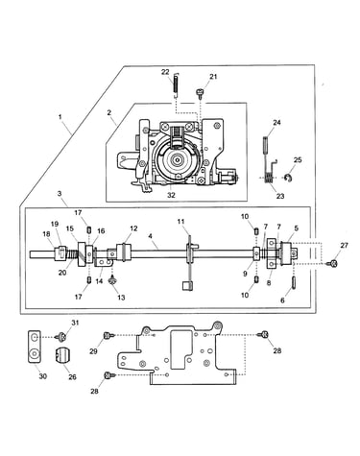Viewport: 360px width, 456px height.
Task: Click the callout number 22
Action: tap(165, 72)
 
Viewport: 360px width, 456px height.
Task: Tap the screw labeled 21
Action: tap(200, 93)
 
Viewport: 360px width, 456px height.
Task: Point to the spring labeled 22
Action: tap(176, 84)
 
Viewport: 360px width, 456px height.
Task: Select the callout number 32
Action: tap(171, 195)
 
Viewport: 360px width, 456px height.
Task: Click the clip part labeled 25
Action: tap(288, 179)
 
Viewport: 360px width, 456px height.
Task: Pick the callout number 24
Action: tap(276, 122)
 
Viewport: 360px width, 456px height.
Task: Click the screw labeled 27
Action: tap(333, 263)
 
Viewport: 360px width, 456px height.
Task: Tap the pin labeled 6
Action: tap(294, 283)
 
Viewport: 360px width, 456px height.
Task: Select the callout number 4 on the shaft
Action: tap(150, 236)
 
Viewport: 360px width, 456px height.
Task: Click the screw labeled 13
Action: tap(112, 280)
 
